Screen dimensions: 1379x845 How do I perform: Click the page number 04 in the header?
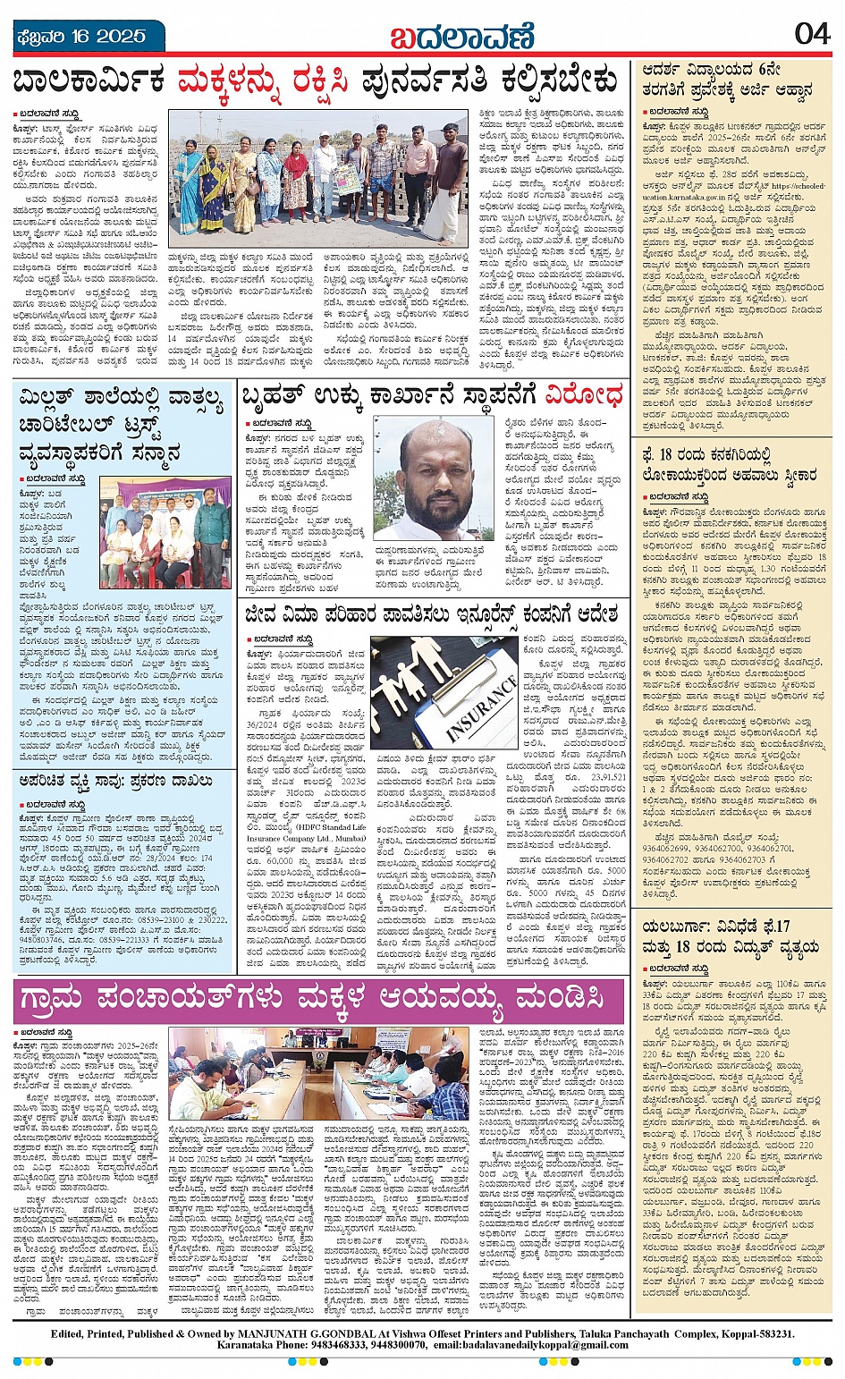(811, 34)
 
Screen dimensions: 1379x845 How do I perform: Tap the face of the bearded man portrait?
(436, 470)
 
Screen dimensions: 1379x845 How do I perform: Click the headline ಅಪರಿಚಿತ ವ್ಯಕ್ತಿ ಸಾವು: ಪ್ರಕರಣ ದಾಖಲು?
(116, 781)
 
